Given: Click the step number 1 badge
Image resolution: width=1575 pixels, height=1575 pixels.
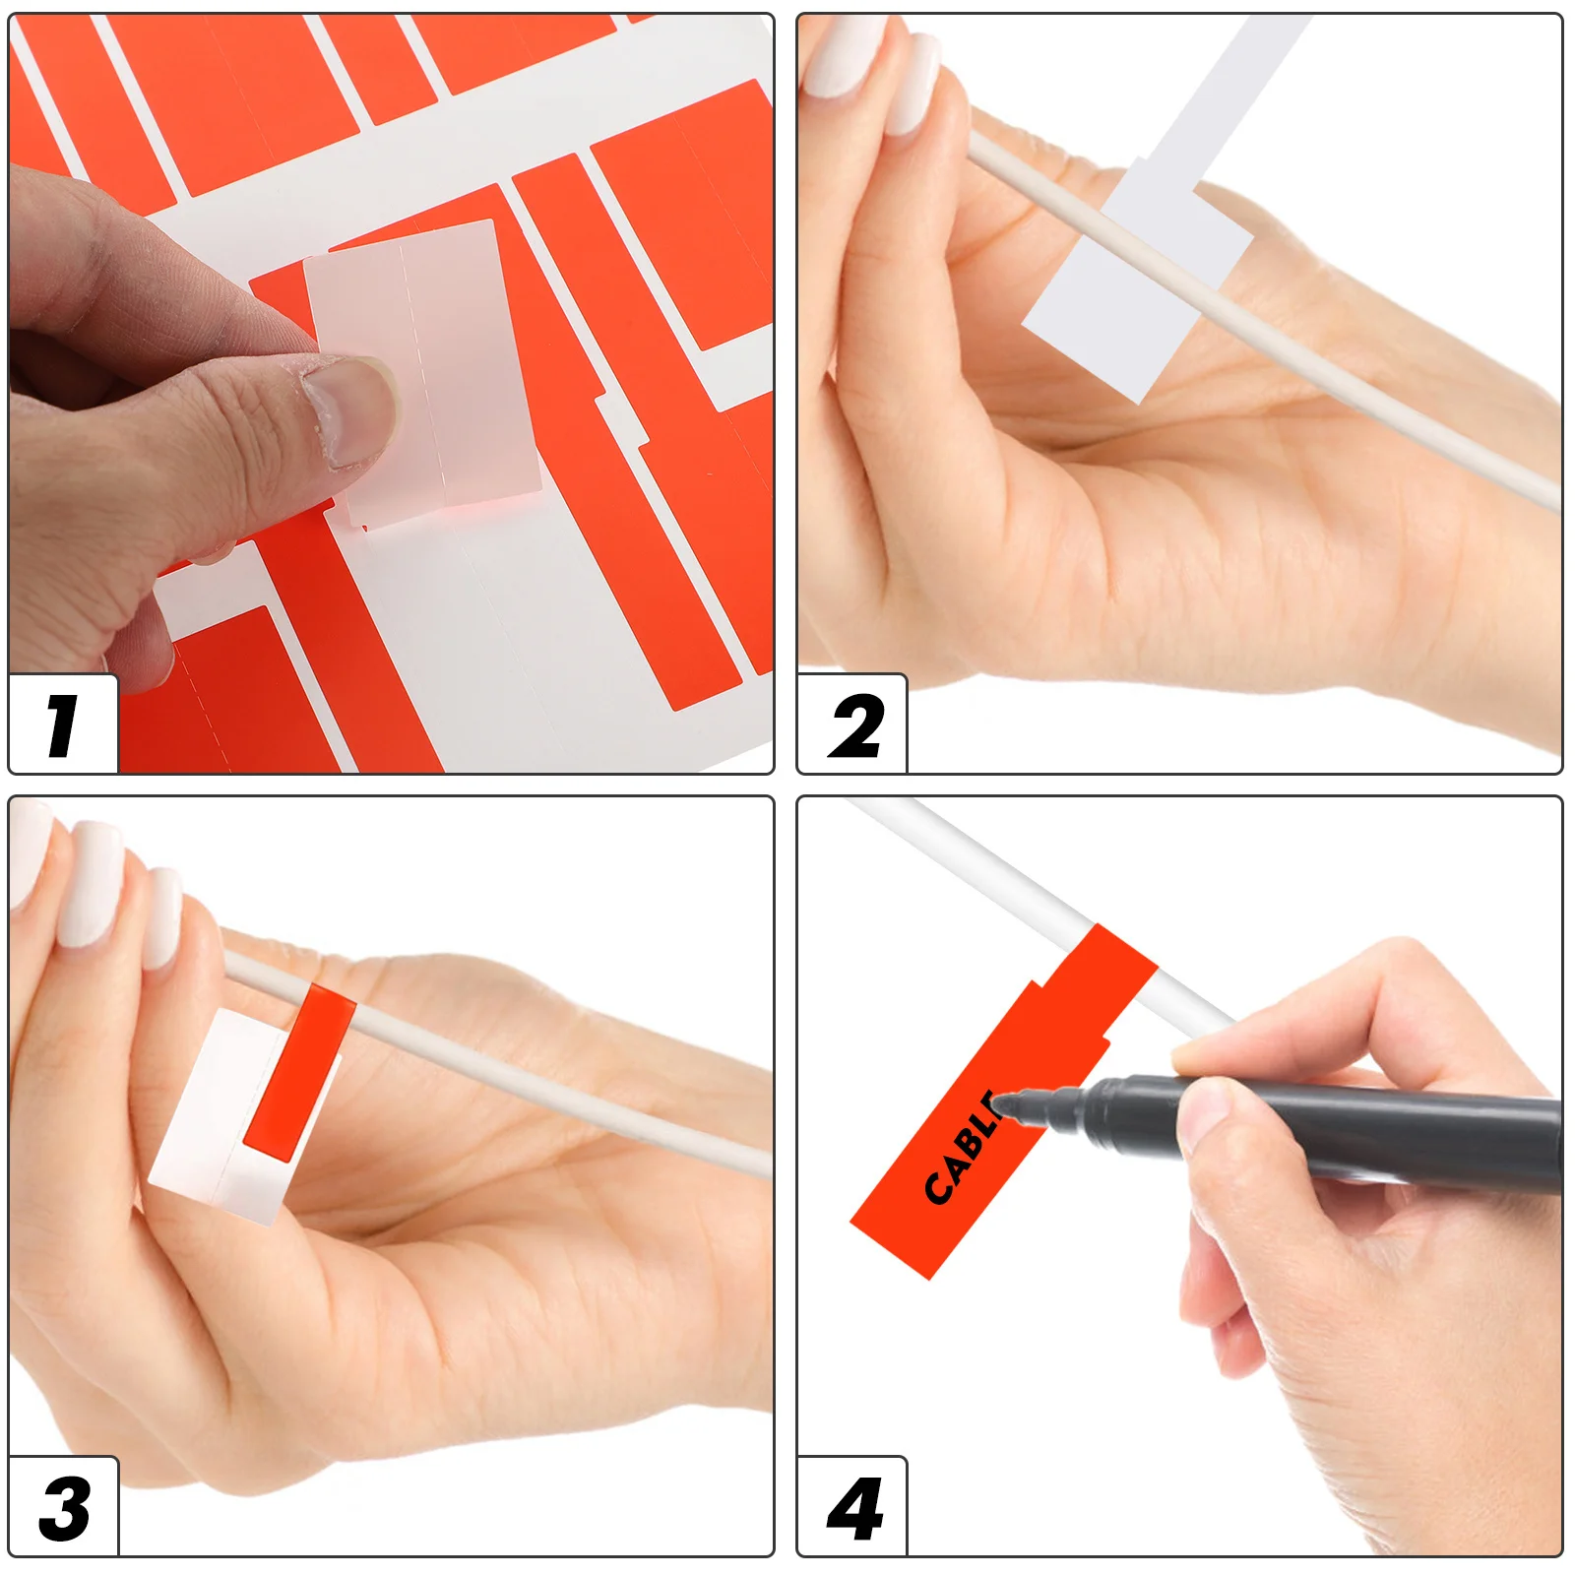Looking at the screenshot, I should point(63,725).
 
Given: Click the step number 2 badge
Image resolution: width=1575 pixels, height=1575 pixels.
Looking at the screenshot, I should point(852,725).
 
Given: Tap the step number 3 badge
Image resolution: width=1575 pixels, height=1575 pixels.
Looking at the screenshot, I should point(63,1508).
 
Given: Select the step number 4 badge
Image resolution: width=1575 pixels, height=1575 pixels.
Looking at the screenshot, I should point(852,1508).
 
